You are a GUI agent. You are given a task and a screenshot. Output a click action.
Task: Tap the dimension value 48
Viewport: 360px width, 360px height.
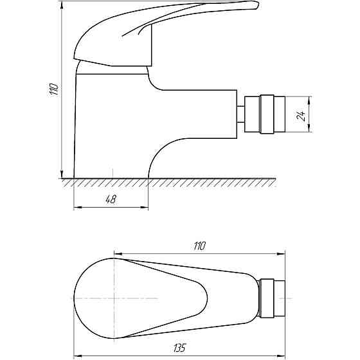[111, 200]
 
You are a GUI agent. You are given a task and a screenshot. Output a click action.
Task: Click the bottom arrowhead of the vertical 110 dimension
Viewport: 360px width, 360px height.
[62, 175]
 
